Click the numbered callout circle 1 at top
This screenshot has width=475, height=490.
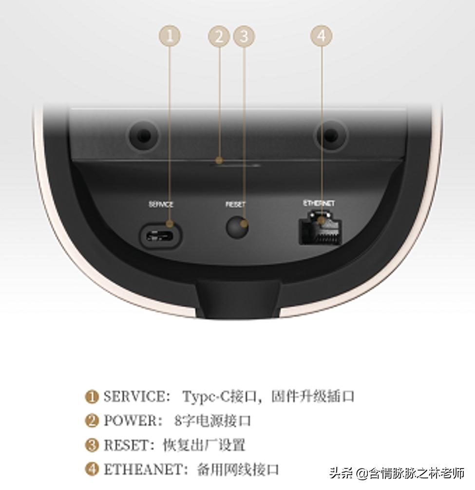[170, 36]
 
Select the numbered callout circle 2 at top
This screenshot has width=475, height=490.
[219, 36]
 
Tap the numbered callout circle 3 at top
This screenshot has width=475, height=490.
[244, 36]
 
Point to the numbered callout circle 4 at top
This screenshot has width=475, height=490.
[321, 36]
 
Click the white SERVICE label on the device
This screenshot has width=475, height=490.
[161, 205]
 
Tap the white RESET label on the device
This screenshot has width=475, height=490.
[236, 205]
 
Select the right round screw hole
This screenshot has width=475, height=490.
[331, 135]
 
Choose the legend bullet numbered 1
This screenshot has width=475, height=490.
[92, 396]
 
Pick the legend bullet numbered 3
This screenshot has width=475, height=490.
[92, 445]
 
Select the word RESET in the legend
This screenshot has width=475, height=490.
[125, 445]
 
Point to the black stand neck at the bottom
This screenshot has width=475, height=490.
[238, 298]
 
